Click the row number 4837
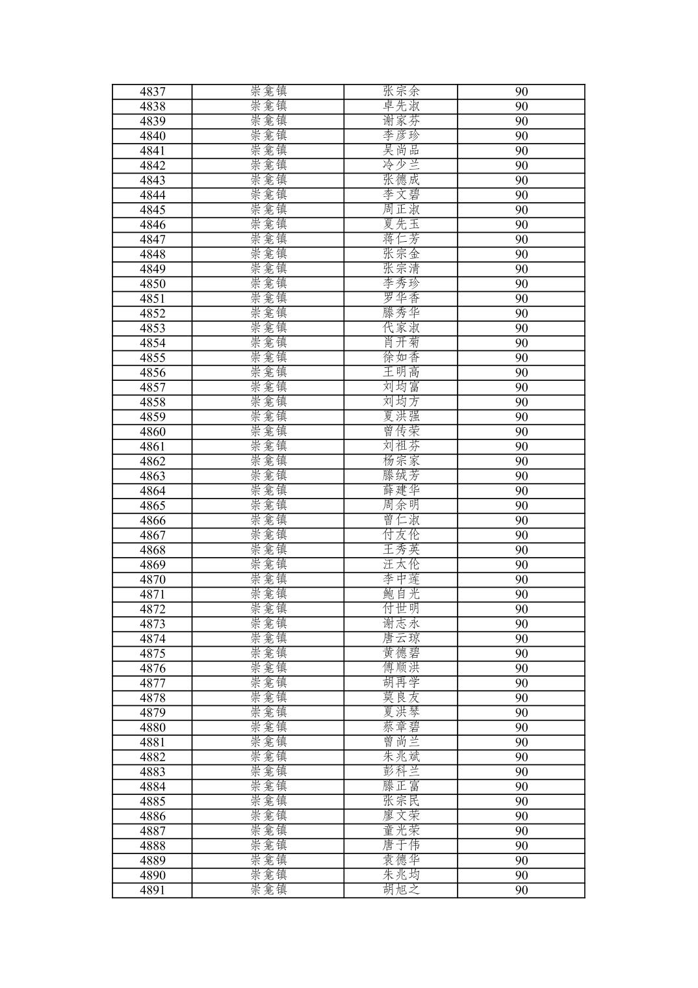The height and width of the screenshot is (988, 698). point(152,92)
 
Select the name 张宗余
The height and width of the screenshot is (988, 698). point(401,92)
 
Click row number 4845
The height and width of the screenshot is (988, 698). point(152,210)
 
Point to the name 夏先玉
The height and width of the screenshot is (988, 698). point(401,225)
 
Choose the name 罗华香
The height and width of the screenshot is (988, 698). point(401,298)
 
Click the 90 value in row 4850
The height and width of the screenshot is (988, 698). point(521,284)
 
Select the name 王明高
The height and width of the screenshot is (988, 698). point(401,372)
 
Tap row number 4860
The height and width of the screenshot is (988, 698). point(152,432)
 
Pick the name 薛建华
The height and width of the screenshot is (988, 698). point(401,491)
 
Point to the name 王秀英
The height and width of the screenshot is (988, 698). point(401,550)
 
